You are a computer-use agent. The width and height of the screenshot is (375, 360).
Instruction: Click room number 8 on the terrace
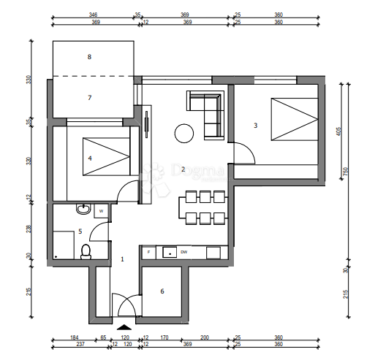pos(89,56)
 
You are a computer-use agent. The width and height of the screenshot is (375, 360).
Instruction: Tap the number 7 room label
pos(89,97)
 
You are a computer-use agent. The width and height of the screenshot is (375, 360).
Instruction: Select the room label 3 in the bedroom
pos(255,126)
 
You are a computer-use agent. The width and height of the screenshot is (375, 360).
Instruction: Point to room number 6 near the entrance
pos(162,291)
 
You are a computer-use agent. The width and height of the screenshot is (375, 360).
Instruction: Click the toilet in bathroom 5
pos(86,252)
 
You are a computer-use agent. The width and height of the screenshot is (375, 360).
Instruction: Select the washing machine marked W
pos(102,211)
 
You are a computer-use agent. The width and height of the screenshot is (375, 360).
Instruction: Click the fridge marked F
pos(149,253)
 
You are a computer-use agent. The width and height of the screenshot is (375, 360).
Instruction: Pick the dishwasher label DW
pos(184,253)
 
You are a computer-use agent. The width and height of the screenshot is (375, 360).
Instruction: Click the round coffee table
pos(183,133)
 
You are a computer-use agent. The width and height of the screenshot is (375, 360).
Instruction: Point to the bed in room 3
pos(293,120)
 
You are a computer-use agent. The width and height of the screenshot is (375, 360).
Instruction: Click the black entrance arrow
pos(124,326)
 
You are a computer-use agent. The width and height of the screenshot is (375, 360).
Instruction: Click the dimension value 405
pos(339,132)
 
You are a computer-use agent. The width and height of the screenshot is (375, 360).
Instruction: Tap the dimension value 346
pos(93,14)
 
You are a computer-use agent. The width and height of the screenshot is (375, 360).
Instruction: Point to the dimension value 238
pos(30,228)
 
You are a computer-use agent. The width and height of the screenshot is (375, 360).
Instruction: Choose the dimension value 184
pos(74,338)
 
